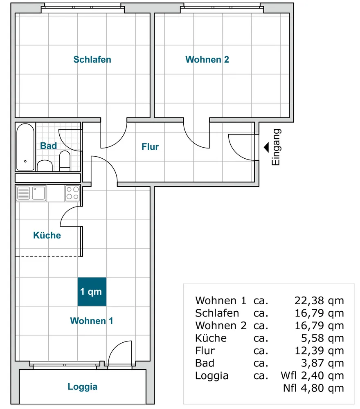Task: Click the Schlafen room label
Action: tap(92, 59)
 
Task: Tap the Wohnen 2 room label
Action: tap(207, 59)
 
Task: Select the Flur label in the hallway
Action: tap(150, 146)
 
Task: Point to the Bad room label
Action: tap(49, 146)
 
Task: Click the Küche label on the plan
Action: tap(47, 235)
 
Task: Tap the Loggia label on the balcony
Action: tap(83, 387)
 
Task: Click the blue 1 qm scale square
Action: tap(92, 292)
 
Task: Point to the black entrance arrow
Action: tap(266, 147)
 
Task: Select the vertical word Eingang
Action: tap(276, 147)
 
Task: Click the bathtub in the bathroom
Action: tap(25, 147)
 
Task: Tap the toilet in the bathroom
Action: tap(65, 161)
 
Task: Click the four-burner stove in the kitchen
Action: tap(72, 193)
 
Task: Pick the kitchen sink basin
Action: tap(38, 193)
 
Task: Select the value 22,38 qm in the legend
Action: tap(319, 301)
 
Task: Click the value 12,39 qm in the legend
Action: tap(319, 351)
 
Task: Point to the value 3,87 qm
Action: tap(322, 363)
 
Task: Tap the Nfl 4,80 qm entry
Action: tap(313, 388)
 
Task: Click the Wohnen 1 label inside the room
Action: tap(92, 321)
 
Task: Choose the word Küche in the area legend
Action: tap(211, 338)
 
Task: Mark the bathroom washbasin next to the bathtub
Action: tap(45, 166)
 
